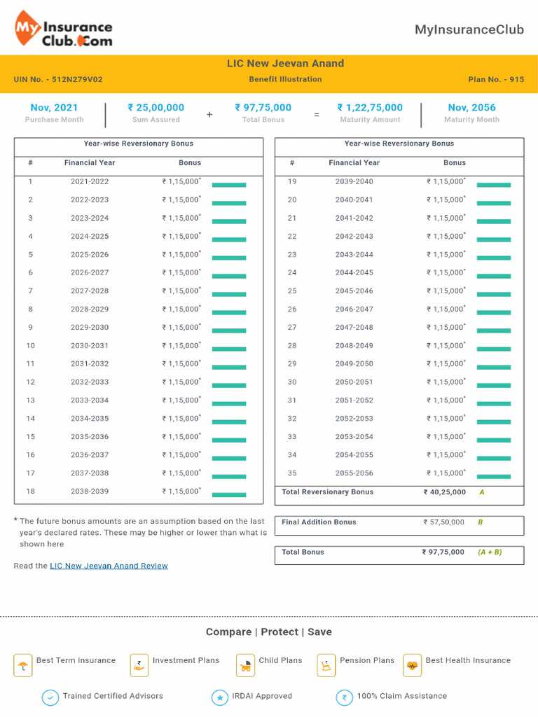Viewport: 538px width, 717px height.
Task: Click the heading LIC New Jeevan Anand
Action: (285, 64)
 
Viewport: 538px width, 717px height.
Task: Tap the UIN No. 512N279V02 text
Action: (58, 80)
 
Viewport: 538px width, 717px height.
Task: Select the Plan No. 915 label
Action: (496, 80)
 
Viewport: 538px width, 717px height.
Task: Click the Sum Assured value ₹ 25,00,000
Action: (156, 108)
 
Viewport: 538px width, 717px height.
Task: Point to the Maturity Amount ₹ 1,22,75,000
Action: (370, 108)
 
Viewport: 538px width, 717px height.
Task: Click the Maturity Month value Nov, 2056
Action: (471, 108)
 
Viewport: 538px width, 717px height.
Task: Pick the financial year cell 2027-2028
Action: (90, 291)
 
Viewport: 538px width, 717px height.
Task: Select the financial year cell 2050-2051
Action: (354, 382)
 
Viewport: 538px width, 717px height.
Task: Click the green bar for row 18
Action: (229, 494)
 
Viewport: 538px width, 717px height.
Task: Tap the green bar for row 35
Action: (494, 476)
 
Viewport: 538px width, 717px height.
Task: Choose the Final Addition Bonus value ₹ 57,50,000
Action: (443, 522)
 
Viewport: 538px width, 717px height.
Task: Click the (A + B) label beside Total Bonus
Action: (490, 552)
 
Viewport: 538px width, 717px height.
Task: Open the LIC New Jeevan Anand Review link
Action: (109, 566)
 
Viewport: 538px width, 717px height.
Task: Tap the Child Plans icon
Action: (245, 664)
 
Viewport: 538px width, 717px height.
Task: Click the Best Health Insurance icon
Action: (412, 664)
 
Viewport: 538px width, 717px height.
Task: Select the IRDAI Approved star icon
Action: (220, 697)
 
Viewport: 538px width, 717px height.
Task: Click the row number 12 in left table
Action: (31, 382)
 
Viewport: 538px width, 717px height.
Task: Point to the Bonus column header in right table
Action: (454, 163)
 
